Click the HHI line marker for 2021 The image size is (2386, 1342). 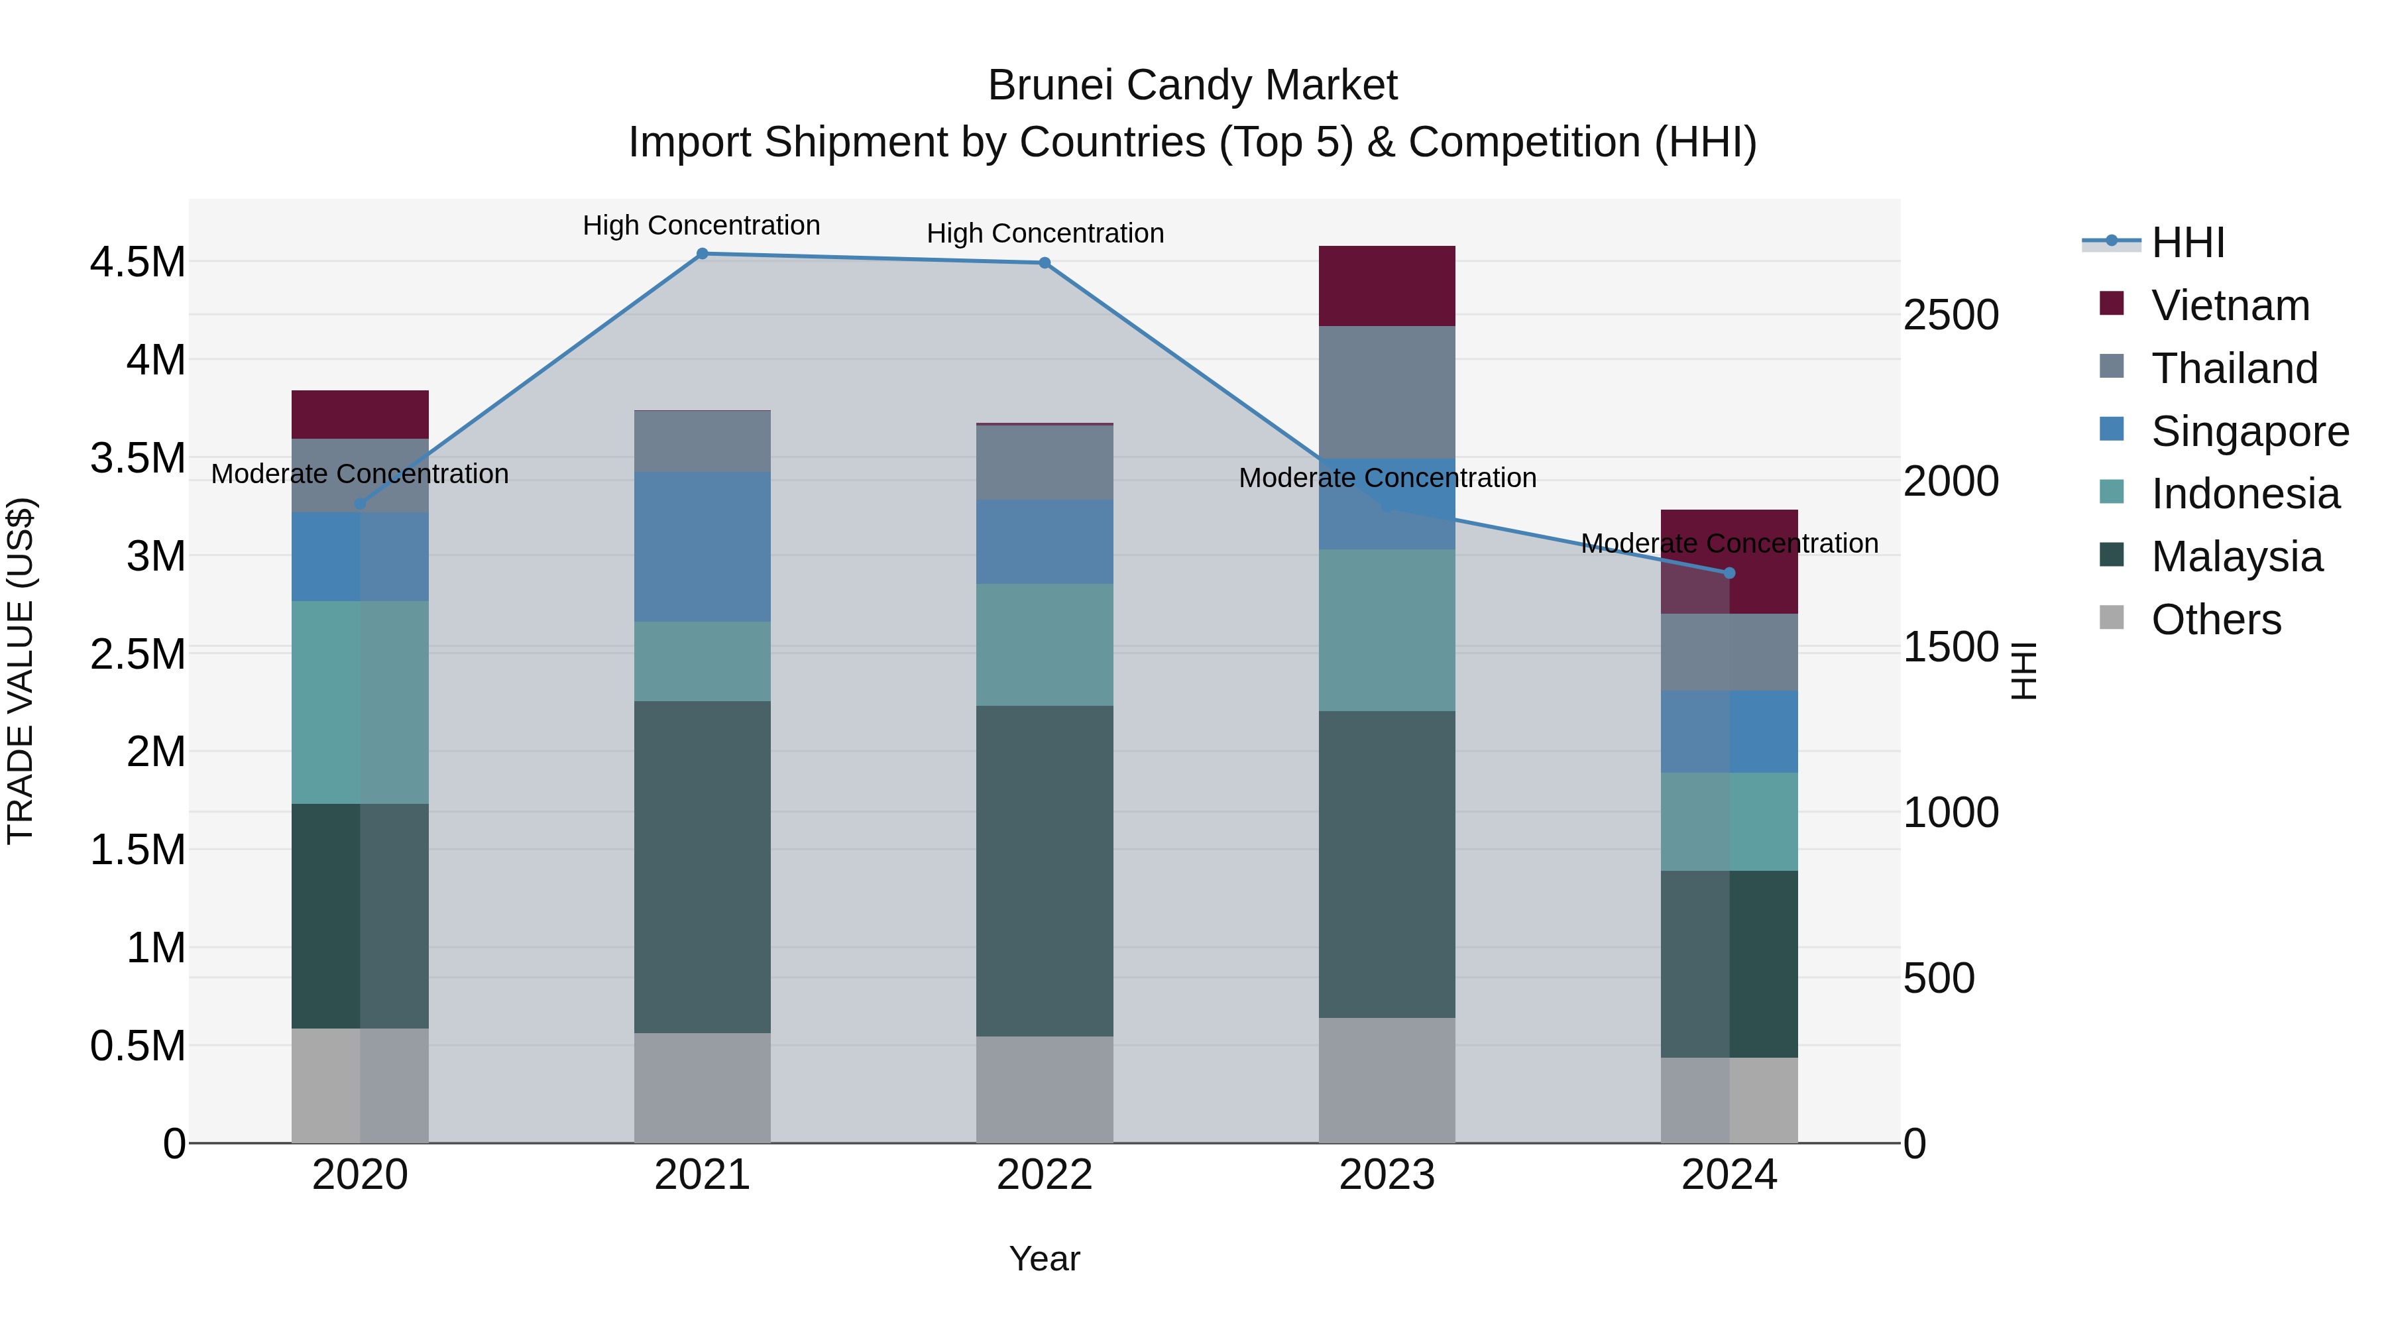pos(702,254)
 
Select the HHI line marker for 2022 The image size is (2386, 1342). pos(1045,263)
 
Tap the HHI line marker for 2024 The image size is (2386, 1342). pos(1729,573)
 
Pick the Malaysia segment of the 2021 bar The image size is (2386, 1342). pos(702,866)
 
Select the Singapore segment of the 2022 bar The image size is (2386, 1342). pos(1045,542)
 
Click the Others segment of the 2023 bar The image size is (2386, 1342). pos(1387,1080)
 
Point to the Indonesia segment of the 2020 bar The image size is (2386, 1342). pos(361,702)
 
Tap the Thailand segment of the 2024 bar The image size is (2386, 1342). pos(1729,652)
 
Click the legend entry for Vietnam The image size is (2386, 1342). pos(2230,306)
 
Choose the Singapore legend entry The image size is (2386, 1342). pos(2249,431)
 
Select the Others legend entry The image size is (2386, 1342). pos(2216,620)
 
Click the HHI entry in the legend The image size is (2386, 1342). pos(2187,243)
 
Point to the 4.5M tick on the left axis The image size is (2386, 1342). pos(138,262)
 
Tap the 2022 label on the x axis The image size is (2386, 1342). pos(1045,1174)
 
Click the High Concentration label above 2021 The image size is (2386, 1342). pos(701,225)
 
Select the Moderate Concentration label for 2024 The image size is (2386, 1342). pos(1729,543)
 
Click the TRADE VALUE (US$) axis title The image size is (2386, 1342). pos(21,671)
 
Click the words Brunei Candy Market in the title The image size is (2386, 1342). pos(1192,85)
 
